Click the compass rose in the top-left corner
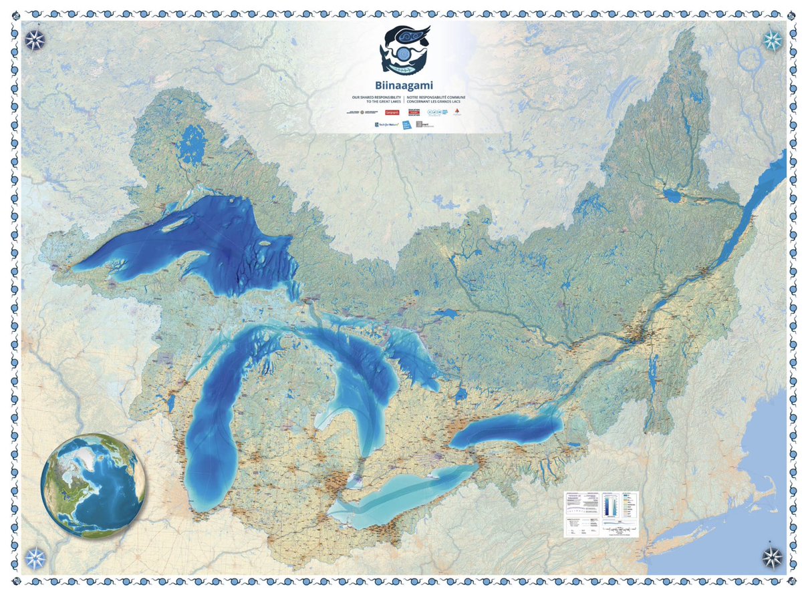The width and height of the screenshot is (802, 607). (35, 40)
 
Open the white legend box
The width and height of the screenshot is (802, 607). (600, 514)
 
